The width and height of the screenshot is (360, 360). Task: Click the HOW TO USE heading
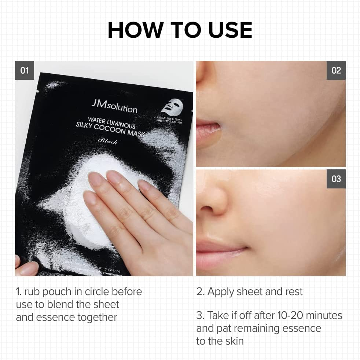point(180,30)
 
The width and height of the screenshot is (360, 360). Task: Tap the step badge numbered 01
point(25,70)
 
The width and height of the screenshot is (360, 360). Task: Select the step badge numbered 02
point(336,70)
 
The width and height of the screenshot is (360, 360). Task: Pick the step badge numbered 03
point(336,179)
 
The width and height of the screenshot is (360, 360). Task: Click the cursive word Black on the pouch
point(108,141)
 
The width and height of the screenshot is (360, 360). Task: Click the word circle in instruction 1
point(87,292)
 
